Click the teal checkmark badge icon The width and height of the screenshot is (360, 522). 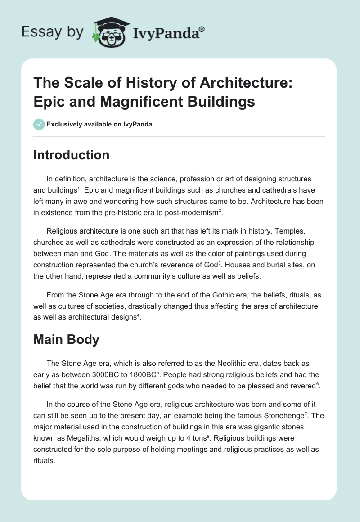pos(39,124)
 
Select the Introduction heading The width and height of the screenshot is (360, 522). pos(71,155)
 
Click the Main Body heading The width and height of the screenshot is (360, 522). pos(66,339)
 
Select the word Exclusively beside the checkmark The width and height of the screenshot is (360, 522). pos(64,125)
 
